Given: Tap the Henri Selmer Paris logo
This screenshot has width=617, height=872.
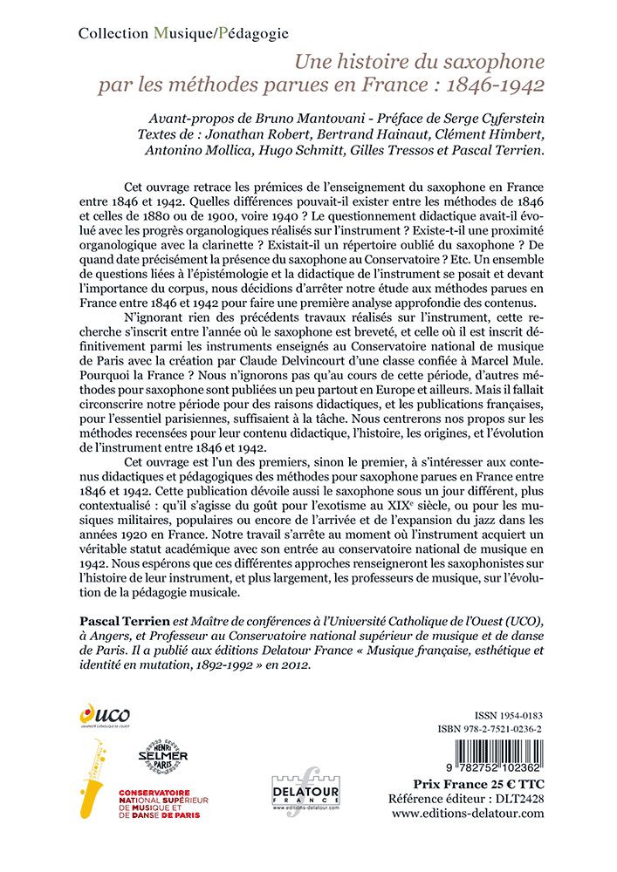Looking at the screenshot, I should click(x=163, y=754).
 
